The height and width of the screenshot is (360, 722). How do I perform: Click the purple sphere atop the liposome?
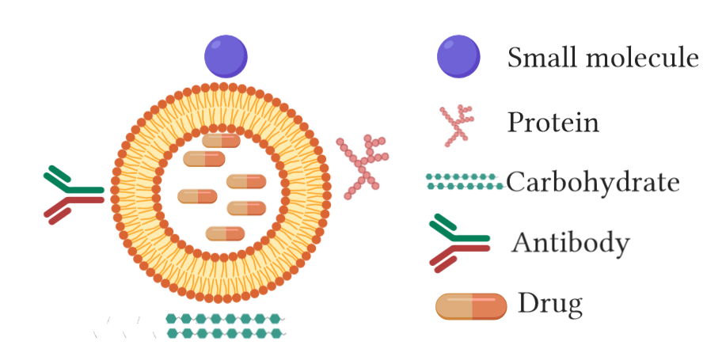coord(226,56)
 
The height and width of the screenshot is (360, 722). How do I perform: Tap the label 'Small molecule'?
coord(602,58)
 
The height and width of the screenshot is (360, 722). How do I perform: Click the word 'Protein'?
coord(553,123)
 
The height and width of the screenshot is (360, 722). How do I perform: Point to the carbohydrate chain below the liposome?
coord(226,325)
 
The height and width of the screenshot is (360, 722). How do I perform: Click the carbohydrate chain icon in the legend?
coord(465,182)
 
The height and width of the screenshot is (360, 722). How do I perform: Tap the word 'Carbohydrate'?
coord(593,183)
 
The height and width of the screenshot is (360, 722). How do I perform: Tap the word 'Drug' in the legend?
coord(550,303)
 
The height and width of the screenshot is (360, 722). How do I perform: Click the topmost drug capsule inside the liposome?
coord(221,140)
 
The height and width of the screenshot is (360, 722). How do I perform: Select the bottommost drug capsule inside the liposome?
coord(226,233)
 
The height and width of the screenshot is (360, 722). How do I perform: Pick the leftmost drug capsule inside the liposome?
coord(197,195)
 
